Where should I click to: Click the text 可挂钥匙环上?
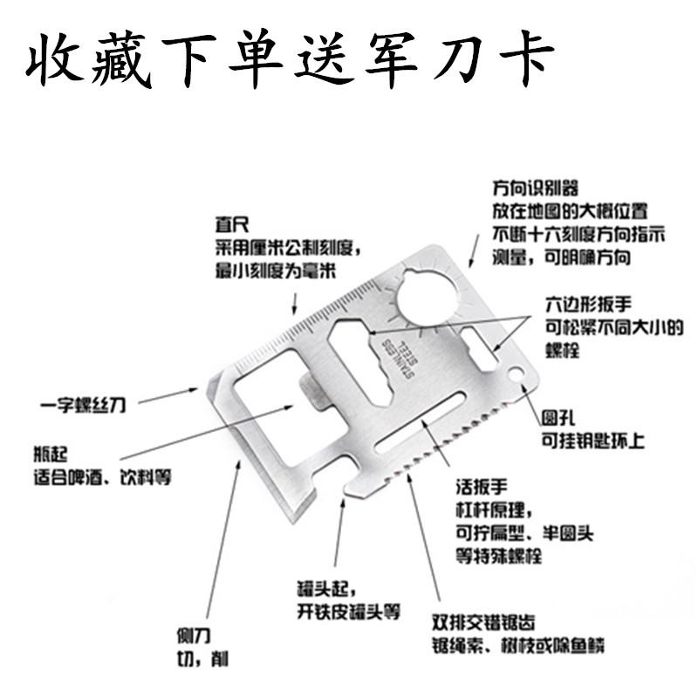pos(592,441)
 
